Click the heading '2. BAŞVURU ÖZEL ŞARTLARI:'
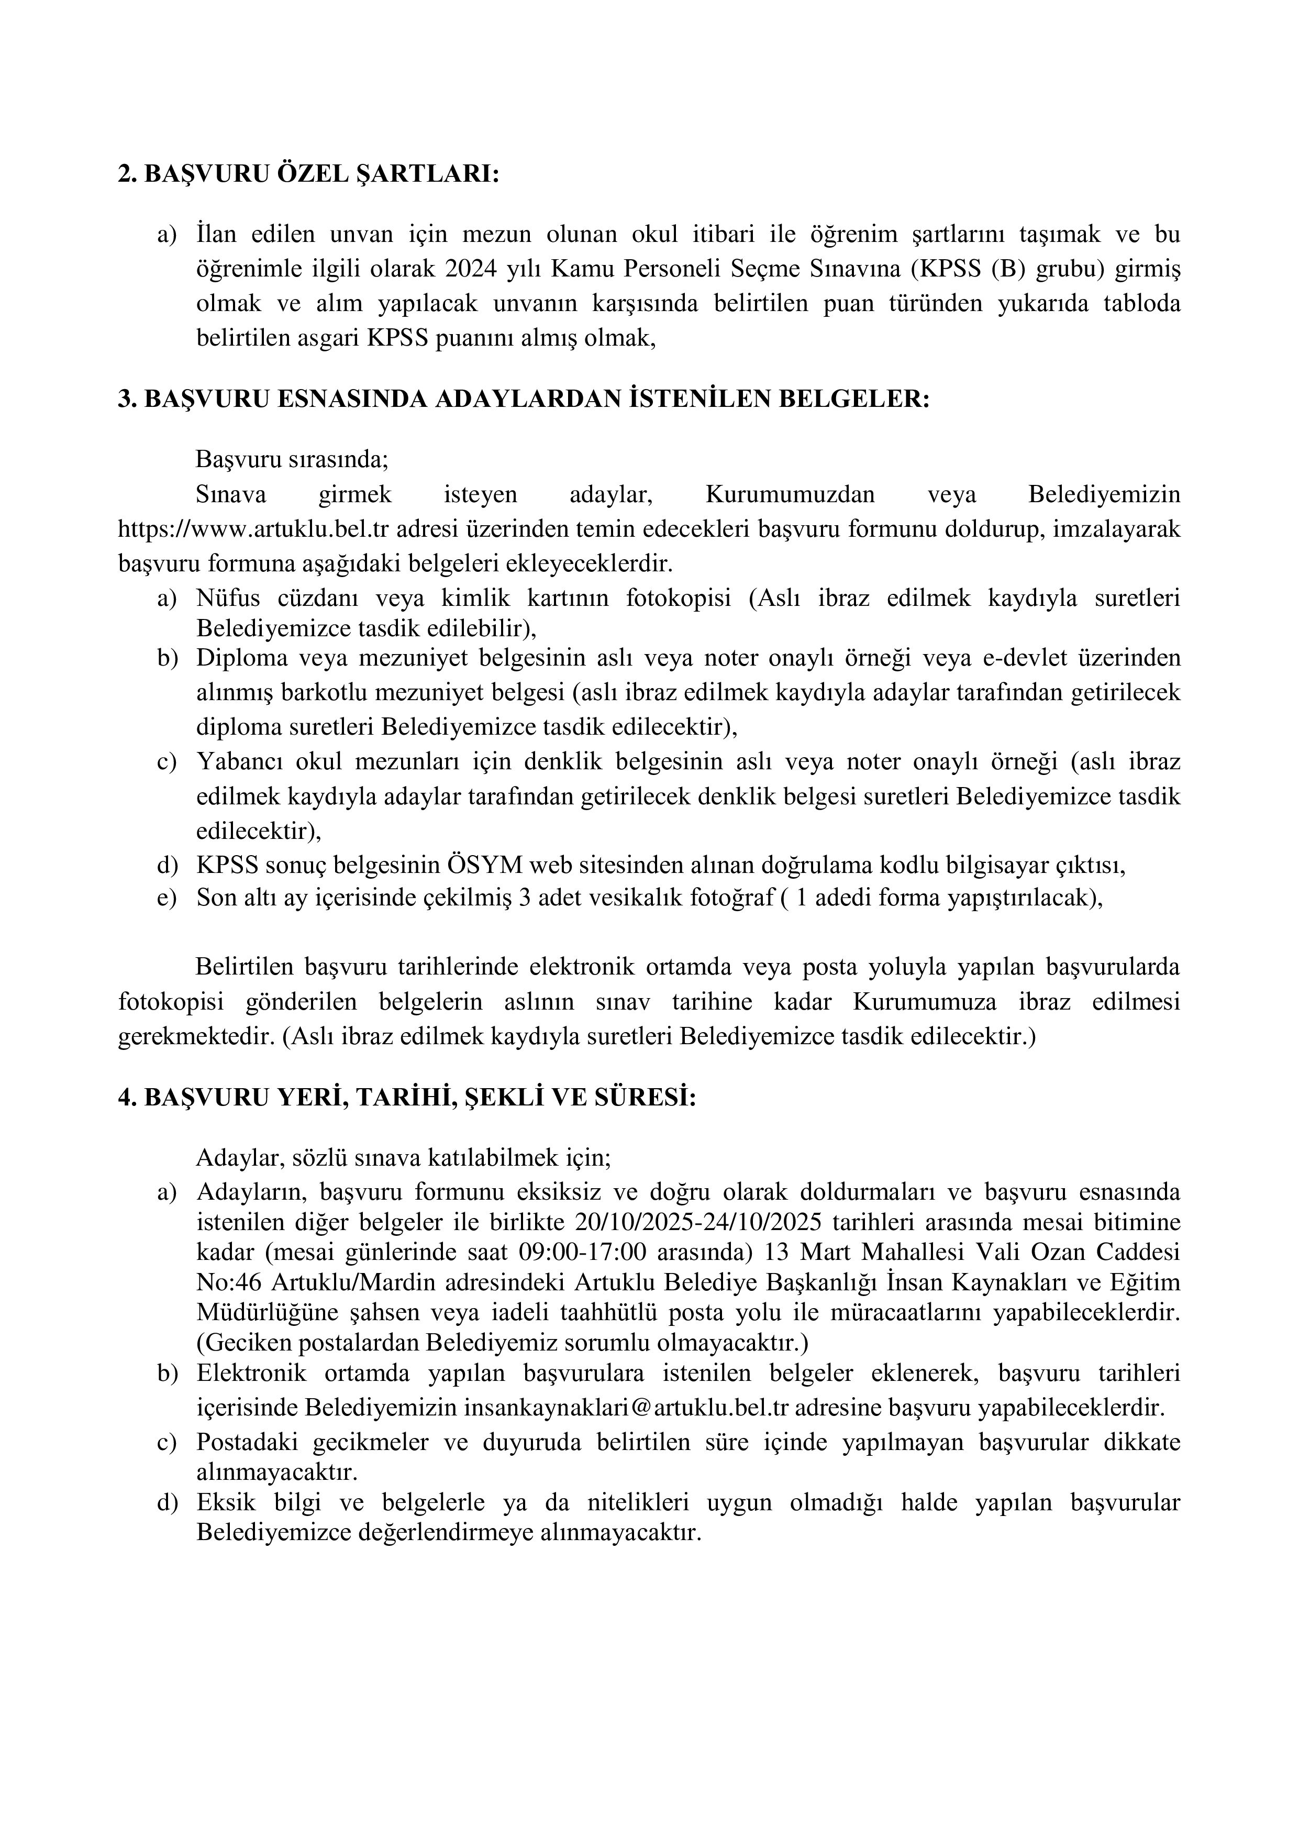click(x=308, y=174)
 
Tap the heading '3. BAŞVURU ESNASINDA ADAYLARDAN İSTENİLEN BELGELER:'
click(x=524, y=399)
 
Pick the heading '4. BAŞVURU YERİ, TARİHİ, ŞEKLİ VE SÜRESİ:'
click(x=407, y=1098)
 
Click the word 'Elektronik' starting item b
click(x=251, y=1373)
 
